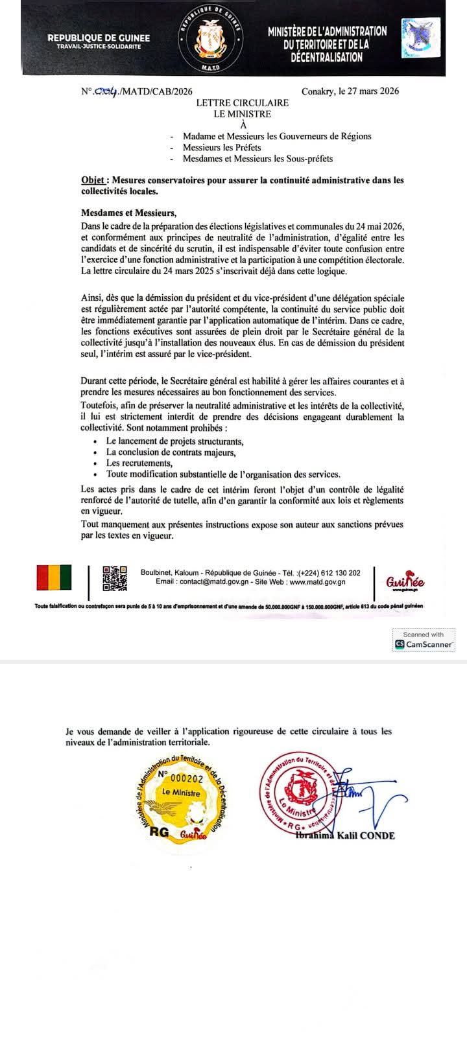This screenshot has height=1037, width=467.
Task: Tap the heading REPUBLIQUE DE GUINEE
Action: coord(99,38)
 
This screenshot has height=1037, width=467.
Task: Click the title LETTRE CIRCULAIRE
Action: coord(243,103)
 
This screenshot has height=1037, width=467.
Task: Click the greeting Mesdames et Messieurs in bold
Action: coord(128,213)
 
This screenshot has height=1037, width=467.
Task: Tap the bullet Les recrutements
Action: coord(139,463)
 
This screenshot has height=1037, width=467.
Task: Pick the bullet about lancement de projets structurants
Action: coord(175,441)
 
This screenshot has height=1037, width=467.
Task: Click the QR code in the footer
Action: coord(115,577)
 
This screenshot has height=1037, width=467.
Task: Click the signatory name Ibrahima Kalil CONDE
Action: coord(345,835)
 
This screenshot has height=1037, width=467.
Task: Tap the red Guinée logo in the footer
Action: coord(405,582)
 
